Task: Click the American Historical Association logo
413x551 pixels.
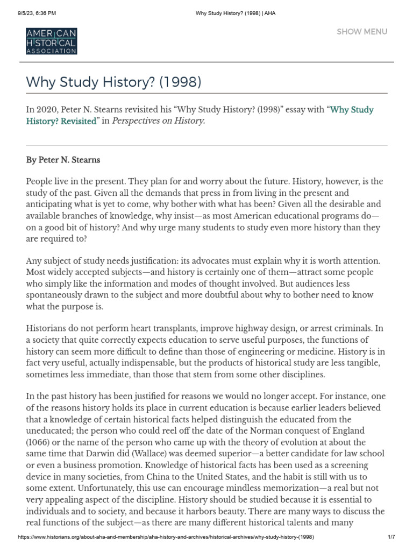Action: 51,41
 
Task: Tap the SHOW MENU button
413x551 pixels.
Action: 361,31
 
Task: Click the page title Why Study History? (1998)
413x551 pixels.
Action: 113,82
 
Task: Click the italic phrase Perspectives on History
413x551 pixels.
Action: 159,121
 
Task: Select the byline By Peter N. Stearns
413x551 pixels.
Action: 63,160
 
